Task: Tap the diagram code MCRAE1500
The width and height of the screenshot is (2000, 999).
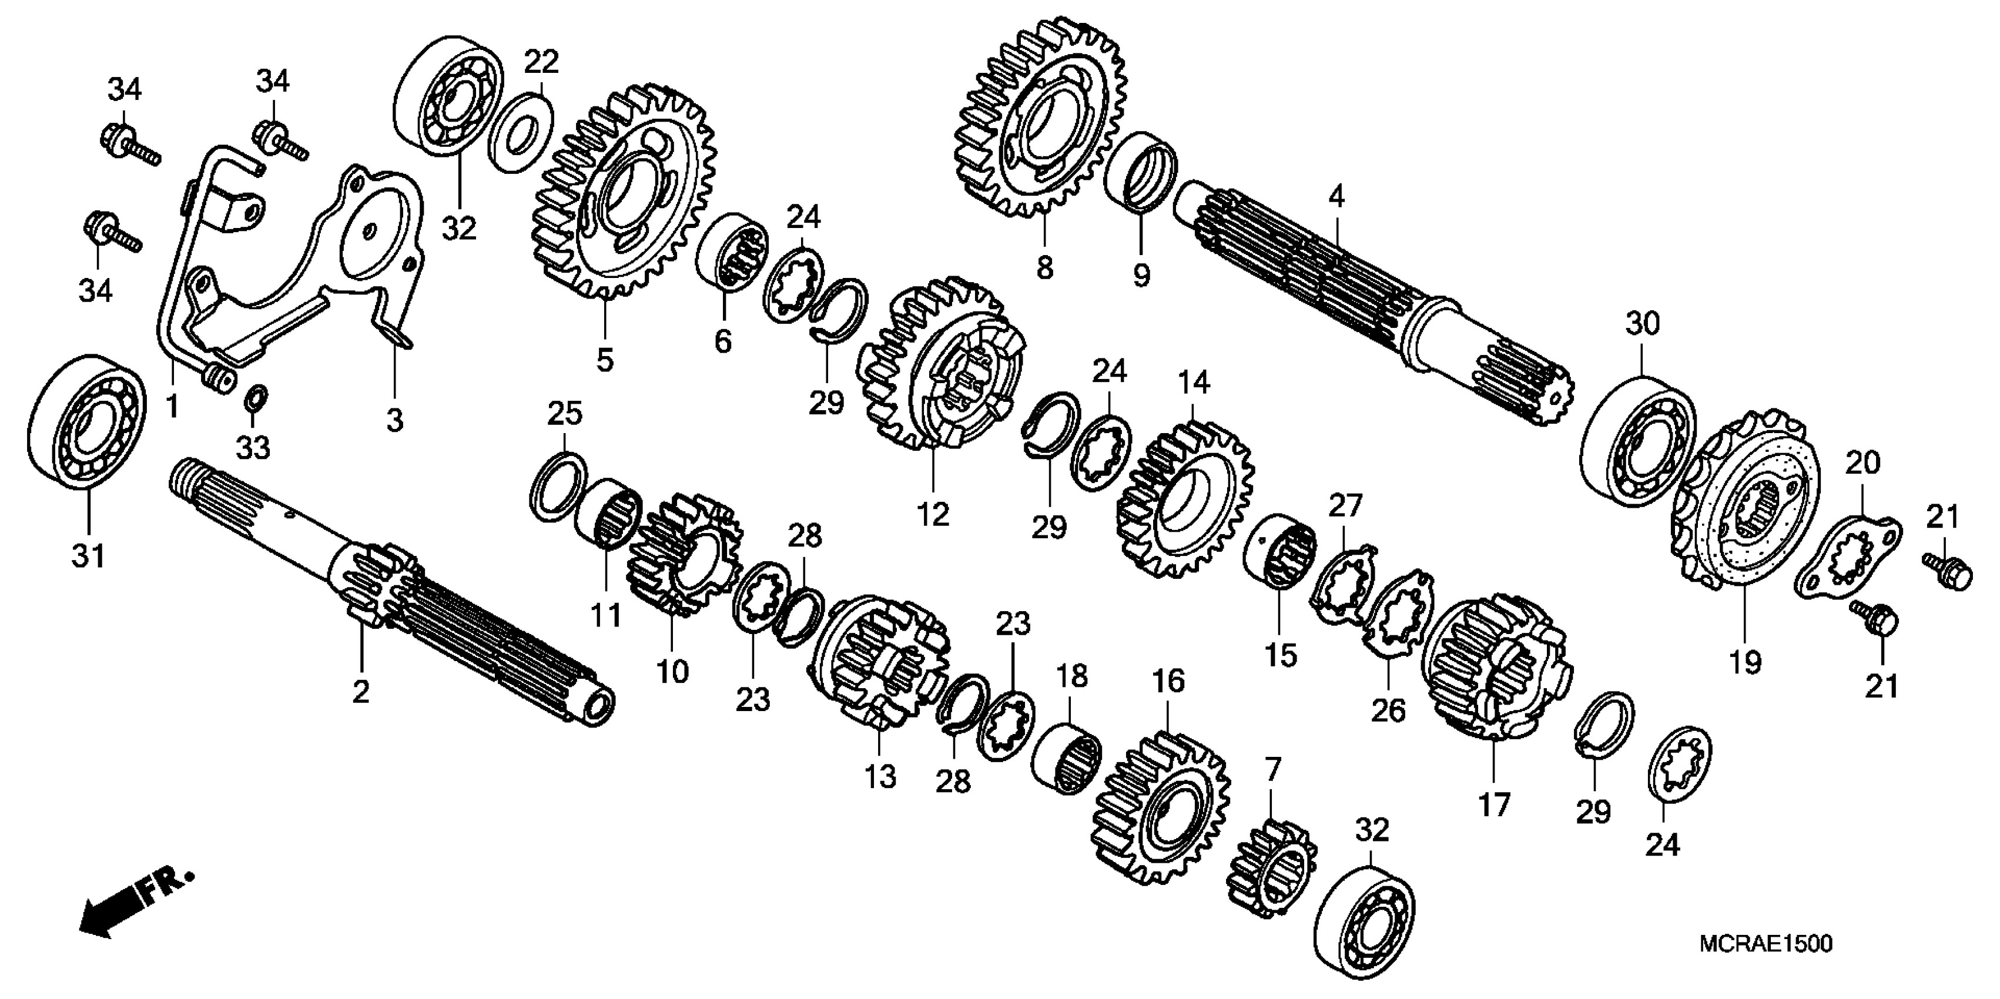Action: pyautogui.click(x=1766, y=944)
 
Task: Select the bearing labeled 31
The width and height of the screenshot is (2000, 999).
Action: pyautogui.click(x=88, y=423)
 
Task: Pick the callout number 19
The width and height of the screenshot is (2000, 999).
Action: pyautogui.click(x=1744, y=662)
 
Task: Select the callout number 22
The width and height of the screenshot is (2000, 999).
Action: pyautogui.click(x=541, y=61)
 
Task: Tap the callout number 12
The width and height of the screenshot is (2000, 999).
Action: pyautogui.click(x=933, y=514)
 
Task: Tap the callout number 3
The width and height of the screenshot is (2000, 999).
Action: pyautogui.click(x=395, y=421)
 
